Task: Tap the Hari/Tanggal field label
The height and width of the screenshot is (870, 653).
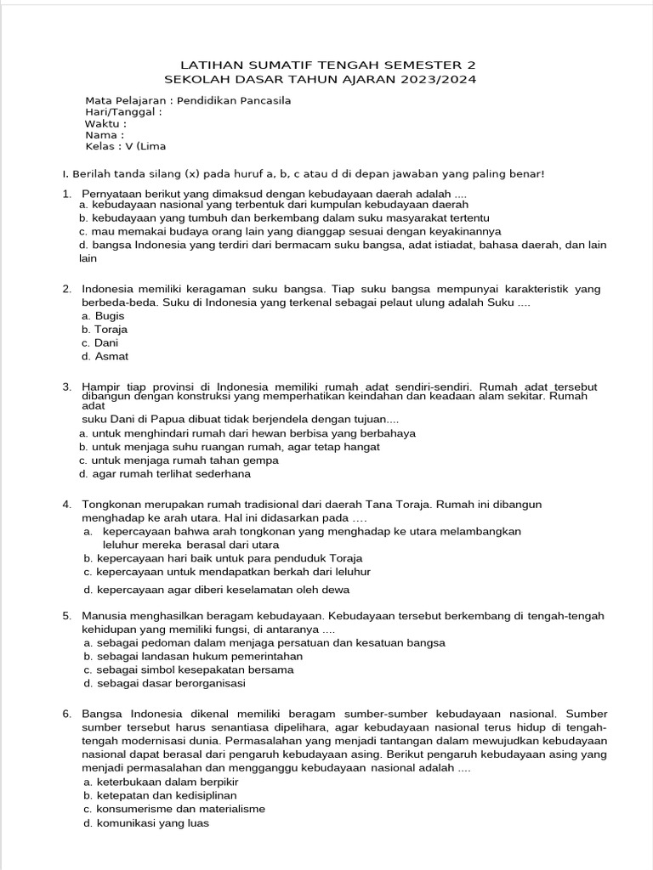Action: (x=123, y=111)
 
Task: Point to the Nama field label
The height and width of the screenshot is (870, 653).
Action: (x=105, y=134)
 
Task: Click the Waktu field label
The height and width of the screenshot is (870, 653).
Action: (x=106, y=123)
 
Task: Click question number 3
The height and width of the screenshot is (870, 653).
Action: (x=66, y=387)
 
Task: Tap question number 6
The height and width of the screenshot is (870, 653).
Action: (x=66, y=714)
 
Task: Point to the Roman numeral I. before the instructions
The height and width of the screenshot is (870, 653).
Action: (x=65, y=174)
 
